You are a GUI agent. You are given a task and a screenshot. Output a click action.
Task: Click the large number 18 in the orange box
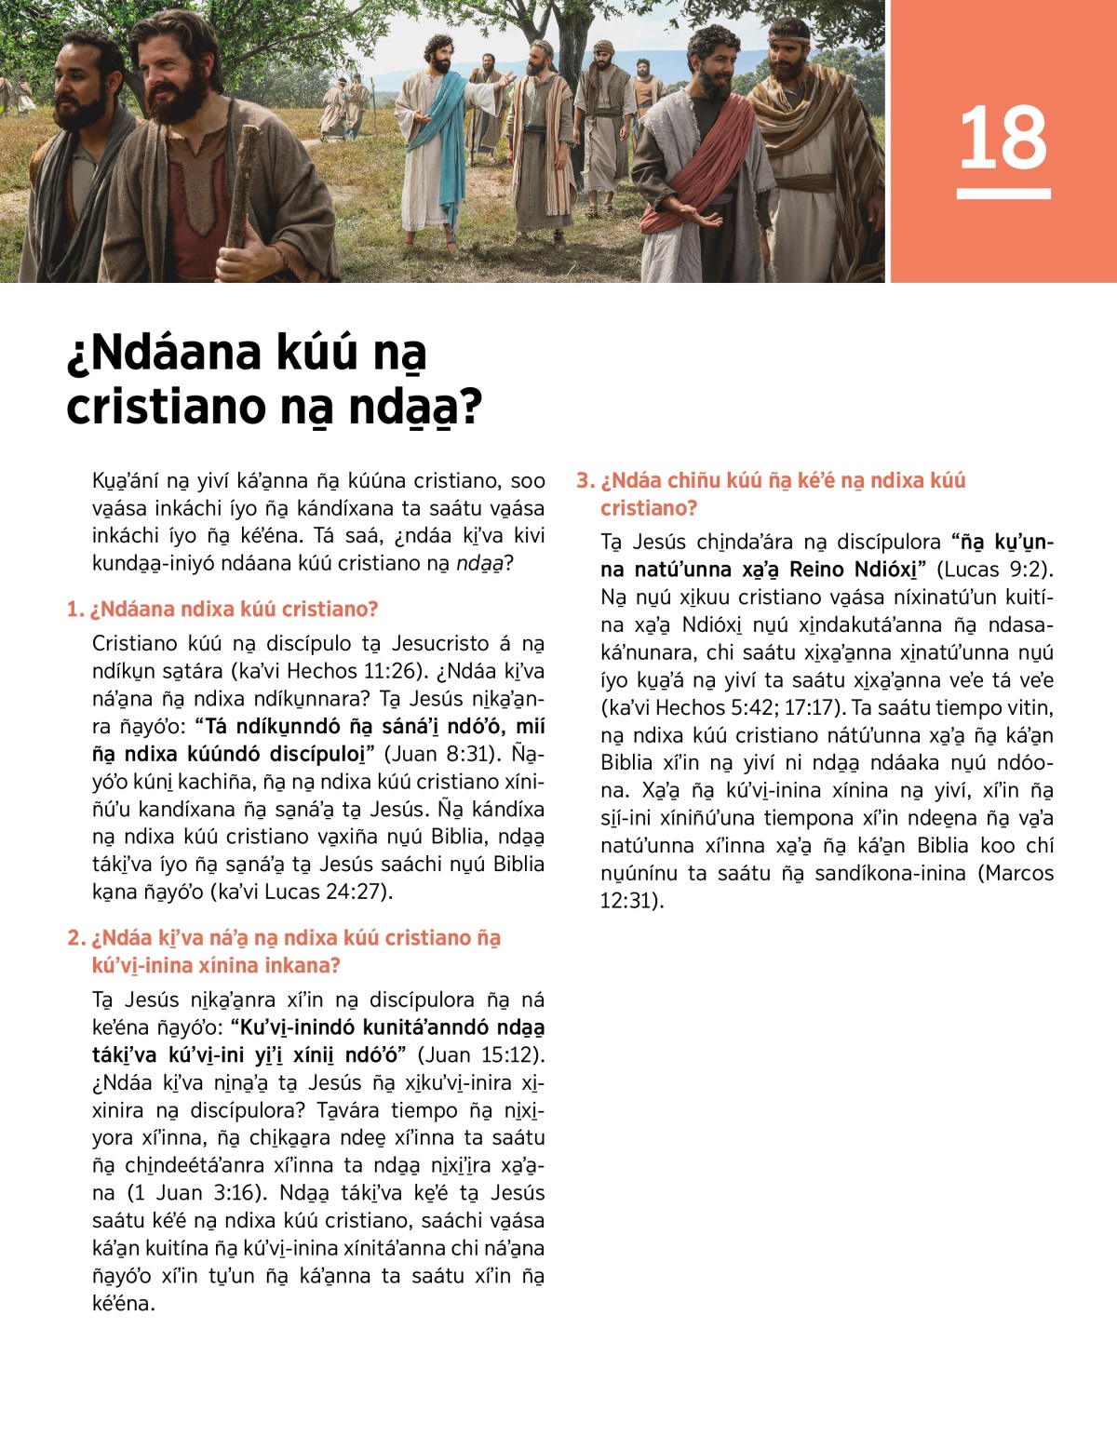point(1003,138)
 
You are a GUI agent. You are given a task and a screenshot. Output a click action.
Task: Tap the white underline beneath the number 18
point(1003,194)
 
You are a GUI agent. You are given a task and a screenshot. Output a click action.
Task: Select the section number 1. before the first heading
point(75,610)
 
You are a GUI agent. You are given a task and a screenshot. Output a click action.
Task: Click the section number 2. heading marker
point(76,938)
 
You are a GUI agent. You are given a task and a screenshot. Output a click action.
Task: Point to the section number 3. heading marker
point(585,481)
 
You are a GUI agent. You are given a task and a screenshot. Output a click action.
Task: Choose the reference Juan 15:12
point(478,1055)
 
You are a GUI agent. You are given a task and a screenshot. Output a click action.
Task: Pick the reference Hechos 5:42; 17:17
point(741,708)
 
